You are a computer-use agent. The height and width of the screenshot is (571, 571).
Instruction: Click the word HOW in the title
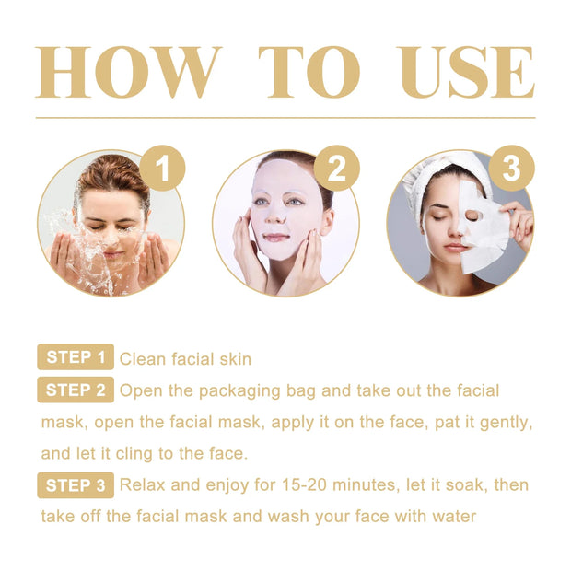129,72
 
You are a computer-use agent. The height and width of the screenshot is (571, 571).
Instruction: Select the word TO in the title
309,72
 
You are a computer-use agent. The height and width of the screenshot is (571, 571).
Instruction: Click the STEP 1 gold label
76,358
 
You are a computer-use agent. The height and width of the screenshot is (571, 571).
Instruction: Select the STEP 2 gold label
76,390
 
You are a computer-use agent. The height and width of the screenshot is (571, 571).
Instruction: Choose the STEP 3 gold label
76,484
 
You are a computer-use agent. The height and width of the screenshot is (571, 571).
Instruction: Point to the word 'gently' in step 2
506,422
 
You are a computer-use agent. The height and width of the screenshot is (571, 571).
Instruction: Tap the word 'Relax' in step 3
143,484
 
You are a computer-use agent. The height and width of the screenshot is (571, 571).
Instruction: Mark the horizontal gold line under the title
285,118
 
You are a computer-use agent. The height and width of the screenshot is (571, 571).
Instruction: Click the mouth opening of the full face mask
277,238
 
